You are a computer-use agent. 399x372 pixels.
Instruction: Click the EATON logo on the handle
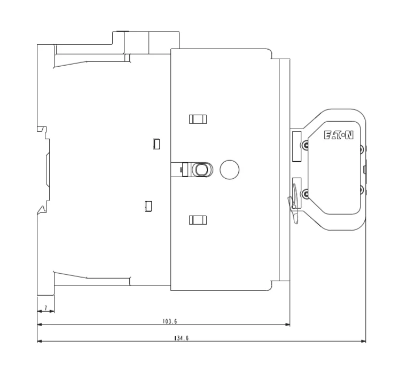coord(339,136)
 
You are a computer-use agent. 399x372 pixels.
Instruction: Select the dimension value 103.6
coord(170,322)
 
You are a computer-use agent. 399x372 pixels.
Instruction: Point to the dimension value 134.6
coord(181,338)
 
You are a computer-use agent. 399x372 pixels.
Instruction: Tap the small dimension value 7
coord(46,308)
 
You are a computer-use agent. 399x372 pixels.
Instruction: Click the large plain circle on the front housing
coord(230,169)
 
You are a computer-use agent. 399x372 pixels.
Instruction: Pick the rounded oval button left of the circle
coord(201,170)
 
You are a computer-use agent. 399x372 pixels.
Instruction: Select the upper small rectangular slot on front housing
coord(198,119)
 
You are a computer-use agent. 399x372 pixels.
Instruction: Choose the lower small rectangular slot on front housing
coord(198,219)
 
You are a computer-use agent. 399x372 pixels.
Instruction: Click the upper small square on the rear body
coord(157,144)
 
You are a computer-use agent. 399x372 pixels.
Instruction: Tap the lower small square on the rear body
coord(149,206)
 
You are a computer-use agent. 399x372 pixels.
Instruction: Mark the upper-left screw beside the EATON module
coord(305,145)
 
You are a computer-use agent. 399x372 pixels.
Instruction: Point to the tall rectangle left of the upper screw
coord(296,145)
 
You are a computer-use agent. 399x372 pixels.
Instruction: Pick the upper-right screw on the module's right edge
coord(362,149)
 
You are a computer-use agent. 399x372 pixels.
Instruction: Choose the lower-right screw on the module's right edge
coord(362,189)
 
